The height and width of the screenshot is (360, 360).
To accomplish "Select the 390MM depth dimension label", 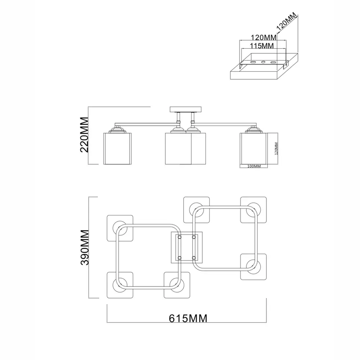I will pyautogui.click(x=85, y=247).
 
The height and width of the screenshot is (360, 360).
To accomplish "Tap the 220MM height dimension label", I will pyautogui.click(x=85, y=135).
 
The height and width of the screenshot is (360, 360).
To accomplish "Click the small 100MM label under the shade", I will pyautogui.click(x=254, y=166).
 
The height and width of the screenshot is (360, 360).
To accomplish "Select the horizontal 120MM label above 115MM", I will pyautogui.click(x=258, y=37).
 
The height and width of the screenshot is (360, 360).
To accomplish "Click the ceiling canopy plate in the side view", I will pyautogui.click(x=186, y=109).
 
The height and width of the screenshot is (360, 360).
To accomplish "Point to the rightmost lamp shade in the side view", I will pyautogui.click(x=254, y=148).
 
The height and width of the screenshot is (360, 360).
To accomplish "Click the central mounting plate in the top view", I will pyautogui.click(x=186, y=247).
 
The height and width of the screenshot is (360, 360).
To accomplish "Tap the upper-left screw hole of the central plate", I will pyautogui.click(x=179, y=237).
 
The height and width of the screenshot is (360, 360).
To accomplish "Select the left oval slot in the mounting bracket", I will pyautogui.click(x=253, y=63).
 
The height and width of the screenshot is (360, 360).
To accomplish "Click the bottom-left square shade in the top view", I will pyautogui.click(x=120, y=285).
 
